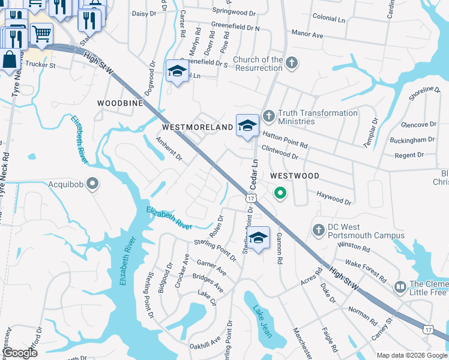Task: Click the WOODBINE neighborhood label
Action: click(x=121, y=103)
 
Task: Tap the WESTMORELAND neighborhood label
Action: click(x=197, y=128)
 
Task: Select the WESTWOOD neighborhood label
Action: click(x=294, y=176)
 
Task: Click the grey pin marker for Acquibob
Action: click(x=92, y=183)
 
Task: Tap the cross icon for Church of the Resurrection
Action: click(x=291, y=63)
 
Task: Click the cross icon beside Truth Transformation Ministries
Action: click(x=268, y=114)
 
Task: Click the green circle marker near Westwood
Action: click(x=280, y=193)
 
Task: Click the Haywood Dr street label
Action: click(x=334, y=198)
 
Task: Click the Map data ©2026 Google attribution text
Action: click(x=412, y=355)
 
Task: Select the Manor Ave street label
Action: click(x=307, y=35)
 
